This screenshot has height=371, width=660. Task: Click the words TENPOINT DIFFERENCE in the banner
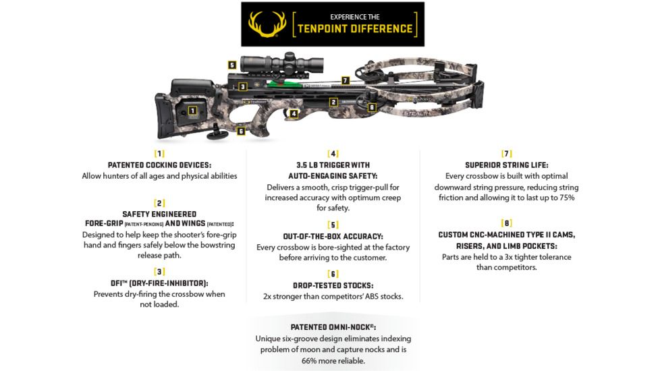[x=355, y=28]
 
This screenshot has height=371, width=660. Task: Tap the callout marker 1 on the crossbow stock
[x=193, y=110]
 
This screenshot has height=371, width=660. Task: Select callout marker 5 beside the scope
[x=231, y=65]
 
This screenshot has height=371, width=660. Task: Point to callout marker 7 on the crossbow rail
[x=345, y=80]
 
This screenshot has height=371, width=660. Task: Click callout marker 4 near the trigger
[x=294, y=114]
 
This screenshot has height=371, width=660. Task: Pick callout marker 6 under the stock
[x=241, y=131]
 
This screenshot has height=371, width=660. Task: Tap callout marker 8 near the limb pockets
[x=371, y=107]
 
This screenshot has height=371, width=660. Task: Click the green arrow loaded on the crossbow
[x=283, y=84]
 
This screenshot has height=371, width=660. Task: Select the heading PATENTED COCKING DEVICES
[x=159, y=165]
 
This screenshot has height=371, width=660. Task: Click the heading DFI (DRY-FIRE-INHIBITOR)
[x=159, y=283]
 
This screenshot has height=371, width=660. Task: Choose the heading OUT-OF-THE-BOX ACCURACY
[x=333, y=236]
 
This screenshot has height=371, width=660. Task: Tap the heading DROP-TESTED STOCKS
[x=333, y=285]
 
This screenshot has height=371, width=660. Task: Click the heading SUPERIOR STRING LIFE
[x=506, y=165]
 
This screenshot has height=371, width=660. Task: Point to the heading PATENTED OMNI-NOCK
[x=333, y=326]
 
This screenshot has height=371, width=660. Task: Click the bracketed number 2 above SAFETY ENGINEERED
[x=159, y=202]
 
